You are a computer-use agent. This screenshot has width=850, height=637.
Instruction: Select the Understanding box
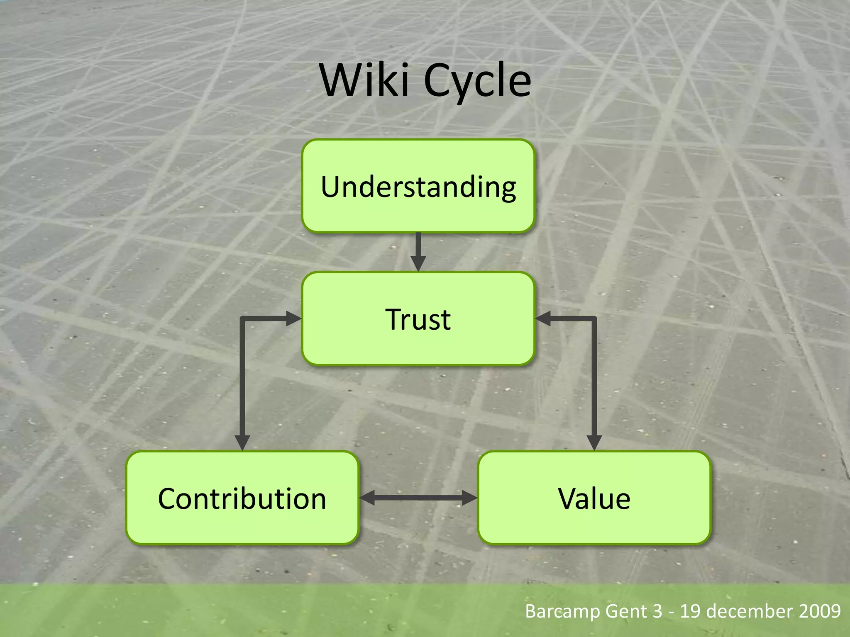coord(418,186)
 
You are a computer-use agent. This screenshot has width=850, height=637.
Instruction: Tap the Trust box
coord(418,318)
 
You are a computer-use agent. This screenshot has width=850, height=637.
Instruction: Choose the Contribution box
coord(242,498)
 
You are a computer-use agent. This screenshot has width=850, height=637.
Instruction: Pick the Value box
coord(594,498)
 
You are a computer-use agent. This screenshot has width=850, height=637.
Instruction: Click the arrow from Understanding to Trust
coord(418,251)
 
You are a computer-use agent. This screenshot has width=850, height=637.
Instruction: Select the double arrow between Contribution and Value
coord(418,498)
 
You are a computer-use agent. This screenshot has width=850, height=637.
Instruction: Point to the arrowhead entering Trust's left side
coord(294,318)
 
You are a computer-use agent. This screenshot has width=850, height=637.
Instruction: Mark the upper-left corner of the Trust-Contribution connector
coord(242,319)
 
